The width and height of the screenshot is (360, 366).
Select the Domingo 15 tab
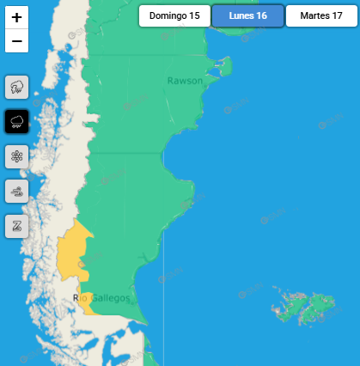pos(174,16)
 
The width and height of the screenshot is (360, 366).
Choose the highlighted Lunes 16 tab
pos(248,16)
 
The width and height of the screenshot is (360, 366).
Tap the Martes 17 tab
pos(321,16)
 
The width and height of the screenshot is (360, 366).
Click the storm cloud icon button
pos(17,87)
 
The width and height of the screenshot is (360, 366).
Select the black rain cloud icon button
pos(17,122)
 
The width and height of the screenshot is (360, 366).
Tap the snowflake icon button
pos(17,156)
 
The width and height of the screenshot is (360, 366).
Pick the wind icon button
pos(17,191)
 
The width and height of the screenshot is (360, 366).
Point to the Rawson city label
pos(185,81)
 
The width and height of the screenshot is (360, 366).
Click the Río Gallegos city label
pos(102,298)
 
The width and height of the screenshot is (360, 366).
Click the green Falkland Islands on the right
pos(309,306)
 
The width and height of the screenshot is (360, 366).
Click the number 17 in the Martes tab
pos(337,16)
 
